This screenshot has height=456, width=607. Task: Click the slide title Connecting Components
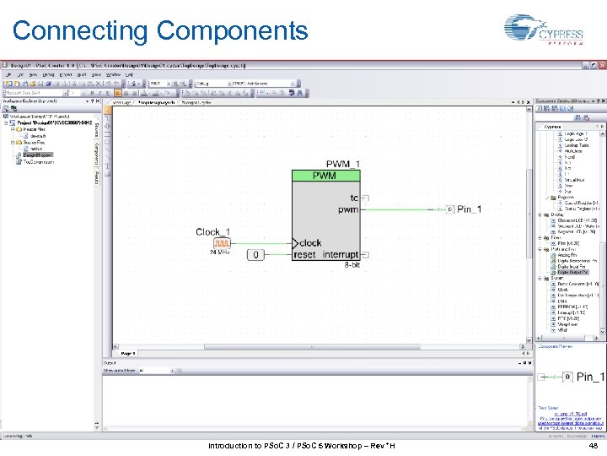[x=160, y=31]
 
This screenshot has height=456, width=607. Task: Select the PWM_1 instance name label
[x=343, y=164]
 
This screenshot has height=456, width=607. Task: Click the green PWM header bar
[x=325, y=176]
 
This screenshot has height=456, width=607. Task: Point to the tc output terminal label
[x=354, y=198]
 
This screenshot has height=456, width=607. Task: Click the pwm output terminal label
[x=348, y=209]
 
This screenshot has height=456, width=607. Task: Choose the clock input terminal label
[x=310, y=242]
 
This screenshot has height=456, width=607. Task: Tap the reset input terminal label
[x=305, y=254]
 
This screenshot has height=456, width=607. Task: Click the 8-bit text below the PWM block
[x=352, y=265]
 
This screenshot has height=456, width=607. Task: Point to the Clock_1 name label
[x=212, y=231]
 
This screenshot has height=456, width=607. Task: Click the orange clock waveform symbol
[x=222, y=244]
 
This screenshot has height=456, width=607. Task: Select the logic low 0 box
[x=257, y=254]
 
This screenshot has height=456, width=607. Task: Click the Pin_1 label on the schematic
[x=470, y=209]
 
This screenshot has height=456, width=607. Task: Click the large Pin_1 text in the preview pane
[x=589, y=377]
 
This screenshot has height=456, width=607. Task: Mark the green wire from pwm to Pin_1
[x=405, y=209]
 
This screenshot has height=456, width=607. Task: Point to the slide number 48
[x=594, y=446]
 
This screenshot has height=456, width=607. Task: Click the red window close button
[x=600, y=65]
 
